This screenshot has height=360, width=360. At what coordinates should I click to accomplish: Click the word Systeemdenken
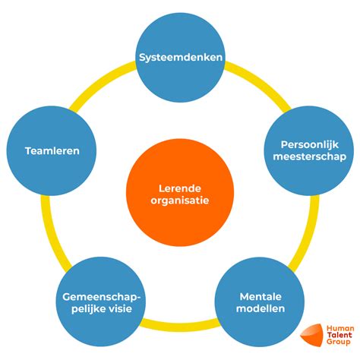coord(181,58)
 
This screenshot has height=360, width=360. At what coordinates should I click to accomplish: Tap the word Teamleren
coord(52,151)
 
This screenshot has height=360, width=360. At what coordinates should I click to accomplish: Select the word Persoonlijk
coord(310,145)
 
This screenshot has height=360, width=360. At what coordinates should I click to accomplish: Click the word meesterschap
coord(310,156)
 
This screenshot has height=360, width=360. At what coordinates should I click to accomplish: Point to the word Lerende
coord(180,188)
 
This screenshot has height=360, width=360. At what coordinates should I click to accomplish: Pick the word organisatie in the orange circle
coord(180,201)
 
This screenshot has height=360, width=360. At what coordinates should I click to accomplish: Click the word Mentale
coord(261,297)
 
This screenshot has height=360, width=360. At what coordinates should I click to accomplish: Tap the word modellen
coord(261,308)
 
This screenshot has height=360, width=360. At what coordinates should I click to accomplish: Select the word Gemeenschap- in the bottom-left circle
coord(101,297)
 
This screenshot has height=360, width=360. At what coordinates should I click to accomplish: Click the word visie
coord(121,309)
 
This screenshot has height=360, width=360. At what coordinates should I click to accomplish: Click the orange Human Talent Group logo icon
coord(312,335)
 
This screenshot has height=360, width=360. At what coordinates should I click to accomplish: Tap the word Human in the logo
coord(340,328)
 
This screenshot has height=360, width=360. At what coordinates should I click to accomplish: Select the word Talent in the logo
coord(339,335)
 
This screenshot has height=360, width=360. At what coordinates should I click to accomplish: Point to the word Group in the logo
coord(338,342)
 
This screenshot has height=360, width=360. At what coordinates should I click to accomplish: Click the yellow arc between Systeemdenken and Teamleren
coord(99,82)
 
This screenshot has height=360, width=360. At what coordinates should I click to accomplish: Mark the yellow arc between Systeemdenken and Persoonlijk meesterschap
coord(261,82)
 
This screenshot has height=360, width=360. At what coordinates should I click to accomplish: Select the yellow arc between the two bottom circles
coord(180,327)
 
